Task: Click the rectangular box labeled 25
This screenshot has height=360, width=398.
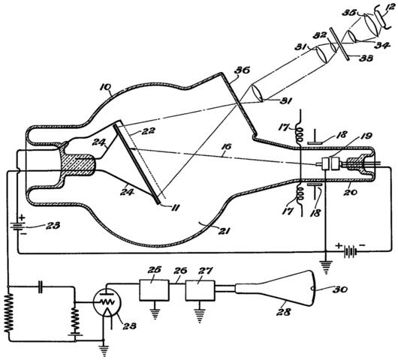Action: [x=154, y=290]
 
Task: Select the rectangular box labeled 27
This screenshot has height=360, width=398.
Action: [x=201, y=290]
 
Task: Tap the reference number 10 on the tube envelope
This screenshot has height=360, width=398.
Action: [x=106, y=88]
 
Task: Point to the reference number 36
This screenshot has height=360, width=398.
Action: [x=243, y=70]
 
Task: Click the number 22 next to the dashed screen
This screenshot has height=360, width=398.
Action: [x=148, y=130]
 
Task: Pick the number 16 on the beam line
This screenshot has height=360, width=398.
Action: [x=228, y=146]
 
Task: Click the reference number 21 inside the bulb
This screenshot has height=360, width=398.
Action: [x=223, y=231]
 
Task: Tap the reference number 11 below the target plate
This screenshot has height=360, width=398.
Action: [x=175, y=208]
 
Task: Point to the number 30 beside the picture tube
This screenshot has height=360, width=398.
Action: [x=339, y=289]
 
